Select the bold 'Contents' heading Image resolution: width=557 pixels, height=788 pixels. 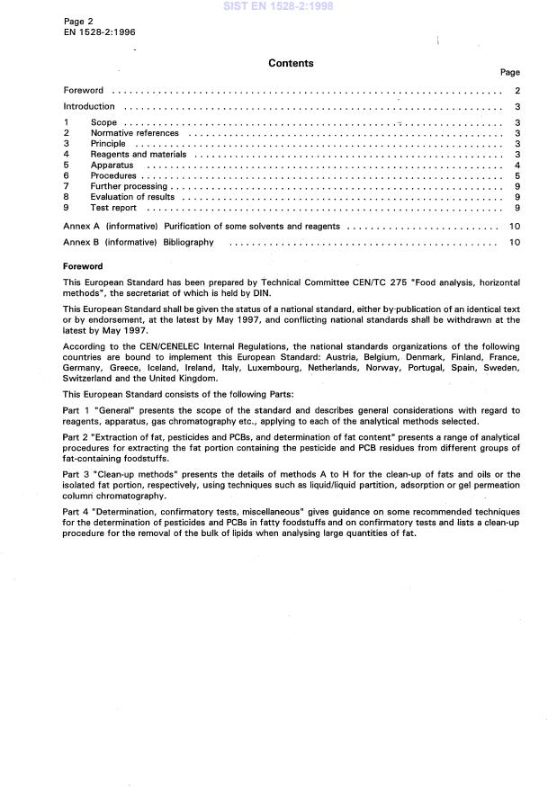coord(291,64)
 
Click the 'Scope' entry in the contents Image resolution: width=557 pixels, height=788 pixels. coord(103,122)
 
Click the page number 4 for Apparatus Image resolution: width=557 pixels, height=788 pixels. coord(517,166)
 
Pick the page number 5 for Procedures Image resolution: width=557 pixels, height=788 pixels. coord(517,176)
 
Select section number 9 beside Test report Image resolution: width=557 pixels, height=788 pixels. coord(66,208)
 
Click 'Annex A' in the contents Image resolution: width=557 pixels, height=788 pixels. coord(80,226)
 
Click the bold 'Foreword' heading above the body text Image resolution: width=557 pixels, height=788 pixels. coord(83,267)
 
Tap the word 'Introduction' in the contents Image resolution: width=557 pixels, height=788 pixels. coord(89,106)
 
